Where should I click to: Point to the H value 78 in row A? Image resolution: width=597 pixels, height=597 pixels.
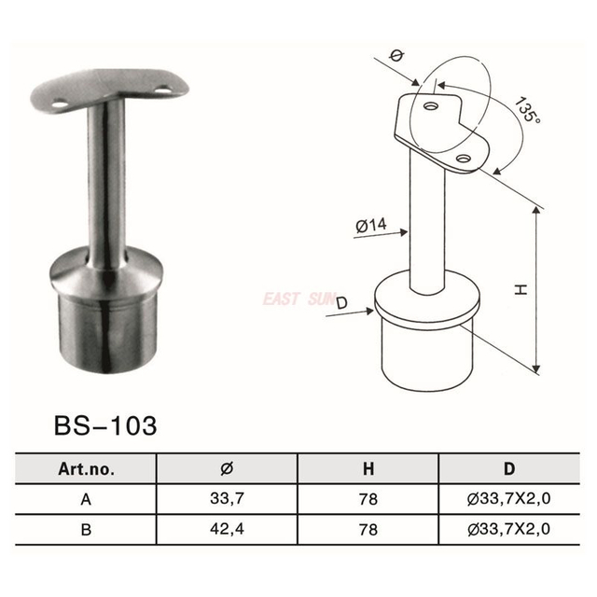(x=368, y=499)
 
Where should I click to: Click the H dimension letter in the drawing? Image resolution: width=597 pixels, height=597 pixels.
(x=523, y=290)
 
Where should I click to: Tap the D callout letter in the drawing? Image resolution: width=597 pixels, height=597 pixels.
(x=340, y=303)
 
